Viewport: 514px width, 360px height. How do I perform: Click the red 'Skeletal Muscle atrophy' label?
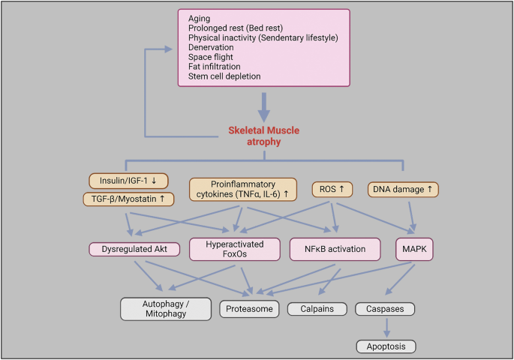(x=263, y=135)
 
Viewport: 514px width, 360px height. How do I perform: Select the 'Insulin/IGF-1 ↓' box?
(x=128, y=181)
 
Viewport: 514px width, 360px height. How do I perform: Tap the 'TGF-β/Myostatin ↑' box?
(x=128, y=199)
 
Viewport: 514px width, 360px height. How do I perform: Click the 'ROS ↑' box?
(x=332, y=189)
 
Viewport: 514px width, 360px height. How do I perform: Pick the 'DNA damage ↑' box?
(x=403, y=189)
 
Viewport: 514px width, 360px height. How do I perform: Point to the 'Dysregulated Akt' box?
(x=132, y=247)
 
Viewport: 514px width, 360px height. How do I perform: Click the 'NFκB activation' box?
(x=335, y=248)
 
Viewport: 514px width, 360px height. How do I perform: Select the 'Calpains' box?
(x=316, y=308)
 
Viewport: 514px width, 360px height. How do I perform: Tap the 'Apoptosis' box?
(x=385, y=346)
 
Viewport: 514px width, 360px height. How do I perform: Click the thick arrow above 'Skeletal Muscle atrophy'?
(x=263, y=106)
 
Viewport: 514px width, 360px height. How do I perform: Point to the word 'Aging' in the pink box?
(x=200, y=17)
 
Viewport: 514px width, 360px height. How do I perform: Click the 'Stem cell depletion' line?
(x=223, y=76)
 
